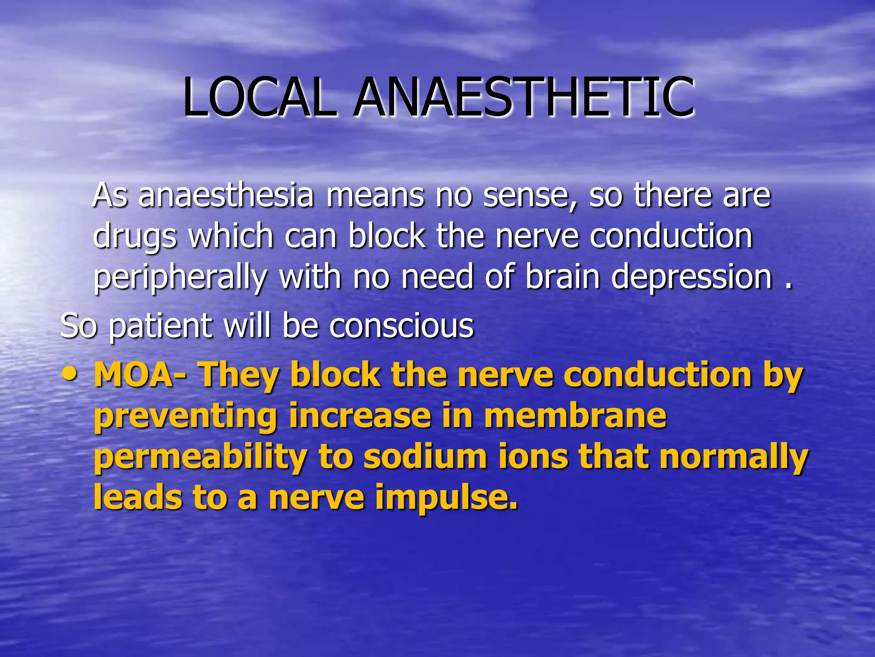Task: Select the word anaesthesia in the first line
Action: (226, 195)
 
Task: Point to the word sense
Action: (530, 195)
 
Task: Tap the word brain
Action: (563, 277)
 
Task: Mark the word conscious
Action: (401, 326)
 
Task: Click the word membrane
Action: (575, 415)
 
